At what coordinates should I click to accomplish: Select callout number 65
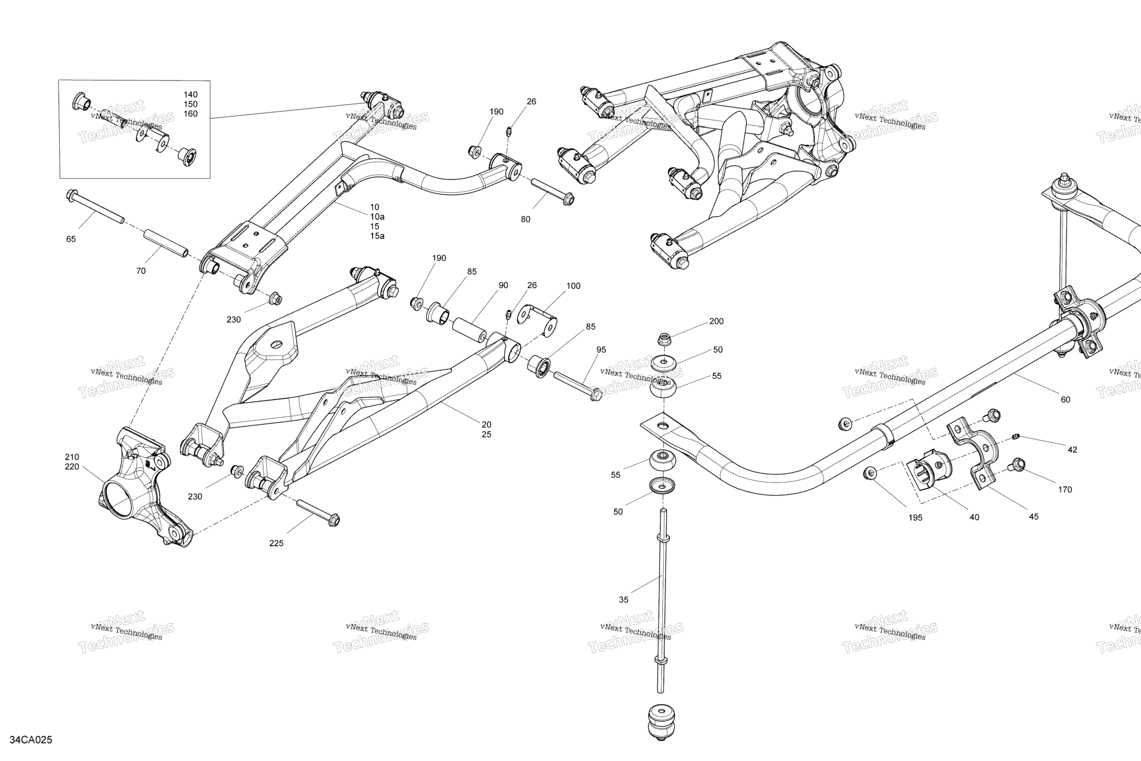[x=71, y=239]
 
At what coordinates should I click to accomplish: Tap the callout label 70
[x=141, y=271]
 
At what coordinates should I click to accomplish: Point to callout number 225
[x=276, y=543]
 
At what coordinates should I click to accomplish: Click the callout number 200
[x=716, y=321]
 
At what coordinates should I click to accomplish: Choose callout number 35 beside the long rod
[x=623, y=599]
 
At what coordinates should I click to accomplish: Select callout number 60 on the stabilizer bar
[x=1065, y=400]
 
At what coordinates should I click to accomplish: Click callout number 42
[x=1072, y=450]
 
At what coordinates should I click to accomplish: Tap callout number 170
[x=1065, y=489]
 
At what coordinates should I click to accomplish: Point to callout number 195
[x=915, y=518]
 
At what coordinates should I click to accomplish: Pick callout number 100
[x=573, y=286]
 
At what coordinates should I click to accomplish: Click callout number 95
[x=601, y=350]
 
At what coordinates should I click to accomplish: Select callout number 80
[x=525, y=219]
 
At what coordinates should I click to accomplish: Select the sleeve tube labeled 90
[x=470, y=328]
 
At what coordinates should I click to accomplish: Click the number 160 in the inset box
[x=191, y=113]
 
